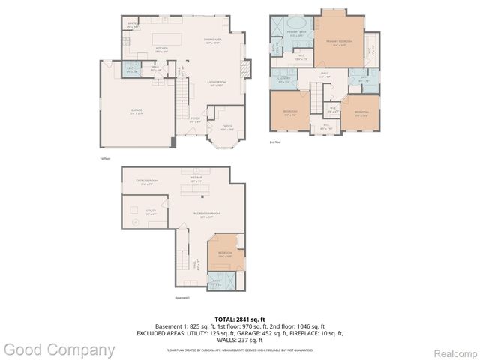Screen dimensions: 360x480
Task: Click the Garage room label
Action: (x=136, y=110)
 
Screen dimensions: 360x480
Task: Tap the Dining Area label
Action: (x=212, y=40)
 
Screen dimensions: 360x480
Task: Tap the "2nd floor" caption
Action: (x=275, y=141)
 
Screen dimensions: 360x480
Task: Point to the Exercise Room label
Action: (x=146, y=181)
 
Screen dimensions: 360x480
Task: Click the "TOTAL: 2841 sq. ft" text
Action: (x=239, y=319)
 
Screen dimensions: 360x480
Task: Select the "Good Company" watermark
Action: (x=59, y=349)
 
